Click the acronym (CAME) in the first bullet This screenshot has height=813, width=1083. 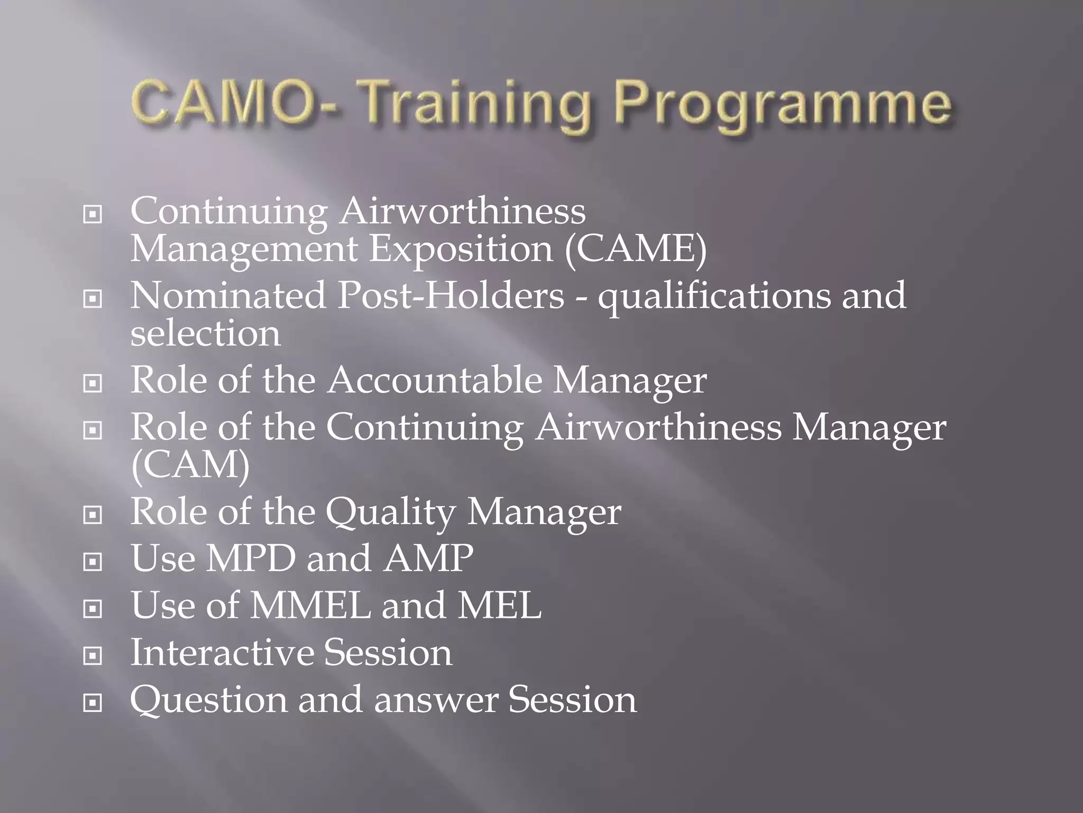[635, 249]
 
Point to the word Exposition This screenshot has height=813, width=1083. [461, 249]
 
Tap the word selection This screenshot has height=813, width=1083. [205, 334]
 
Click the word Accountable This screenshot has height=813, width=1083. [434, 380]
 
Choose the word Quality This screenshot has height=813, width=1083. [390, 512]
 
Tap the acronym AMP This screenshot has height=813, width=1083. [428, 558]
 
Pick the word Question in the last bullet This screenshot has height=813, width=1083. [208, 700]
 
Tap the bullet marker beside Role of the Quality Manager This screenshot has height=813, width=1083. [93, 514]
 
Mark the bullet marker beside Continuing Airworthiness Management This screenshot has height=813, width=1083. [93, 214]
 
